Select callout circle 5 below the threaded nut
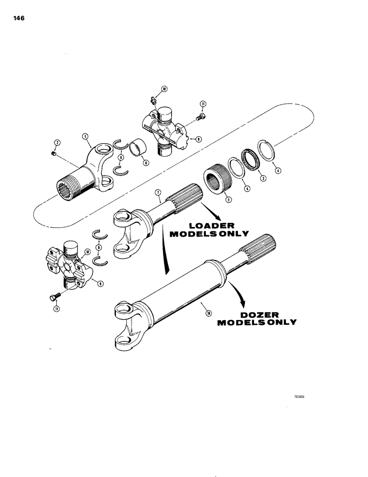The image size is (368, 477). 228,200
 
